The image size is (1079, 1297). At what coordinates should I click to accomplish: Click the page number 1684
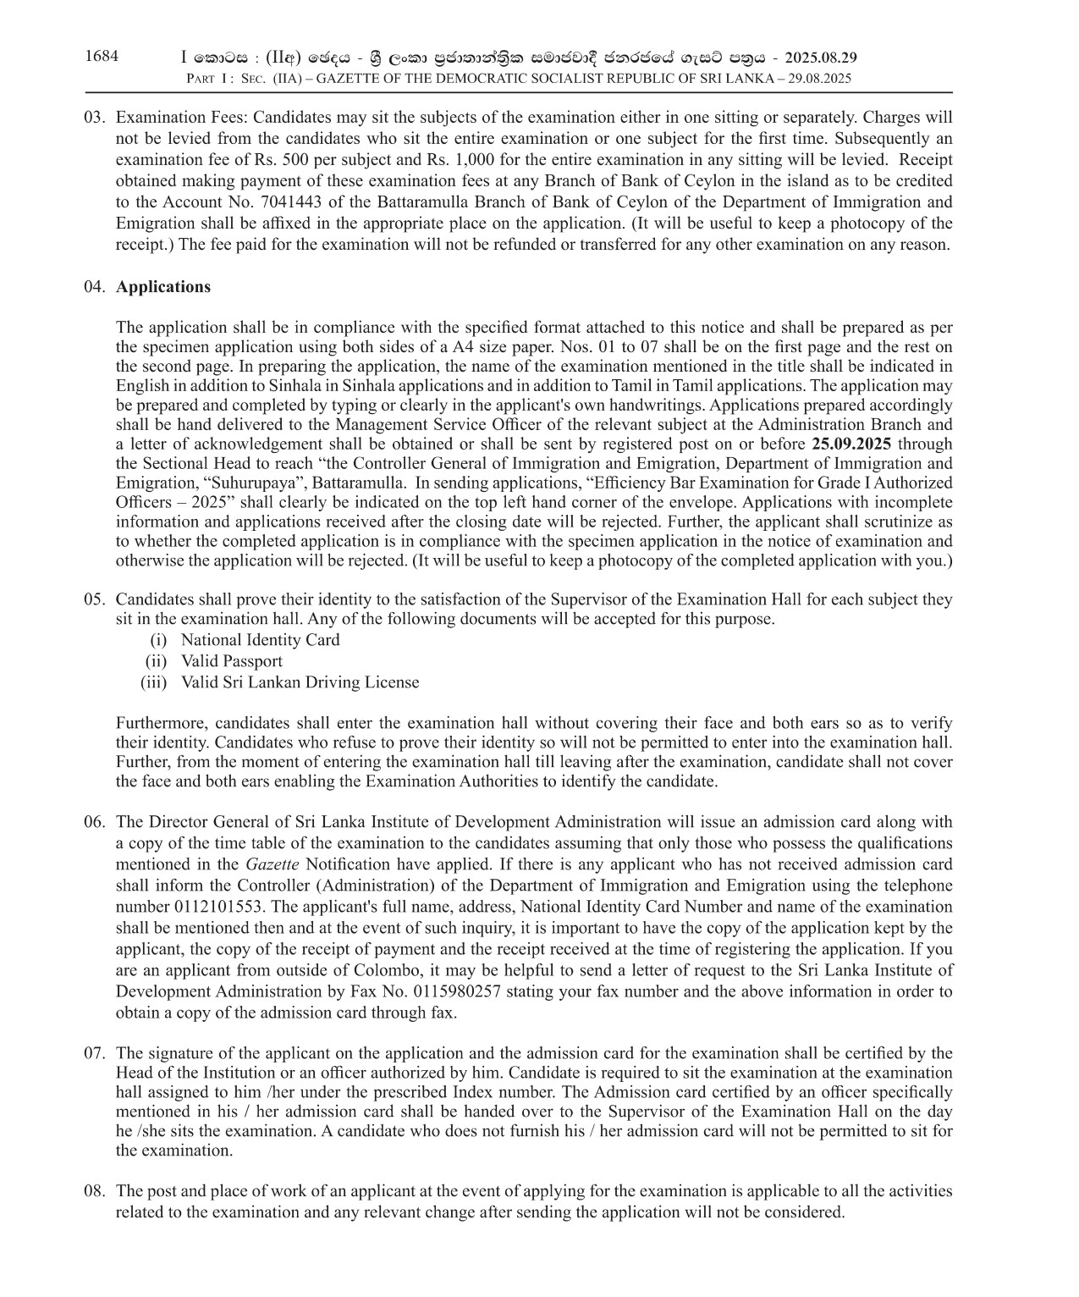click(x=102, y=57)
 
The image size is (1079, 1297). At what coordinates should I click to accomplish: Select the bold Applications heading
click(x=163, y=287)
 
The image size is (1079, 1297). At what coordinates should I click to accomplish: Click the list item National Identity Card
click(x=260, y=641)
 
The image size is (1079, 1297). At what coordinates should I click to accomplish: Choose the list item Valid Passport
click(x=231, y=661)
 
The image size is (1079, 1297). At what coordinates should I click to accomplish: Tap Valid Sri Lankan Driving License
click(x=300, y=682)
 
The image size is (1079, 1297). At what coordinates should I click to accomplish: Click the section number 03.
click(x=94, y=118)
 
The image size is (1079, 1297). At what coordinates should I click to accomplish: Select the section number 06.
click(x=94, y=822)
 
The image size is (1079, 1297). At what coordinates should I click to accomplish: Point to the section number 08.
click(x=94, y=1191)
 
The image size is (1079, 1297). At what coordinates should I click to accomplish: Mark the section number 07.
click(x=94, y=1054)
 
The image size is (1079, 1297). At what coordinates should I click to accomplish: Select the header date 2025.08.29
click(x=821, y=58)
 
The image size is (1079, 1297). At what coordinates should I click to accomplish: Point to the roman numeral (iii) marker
click(x=154, y=682)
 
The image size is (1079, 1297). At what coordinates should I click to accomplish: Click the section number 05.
click(x=94, y=600)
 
